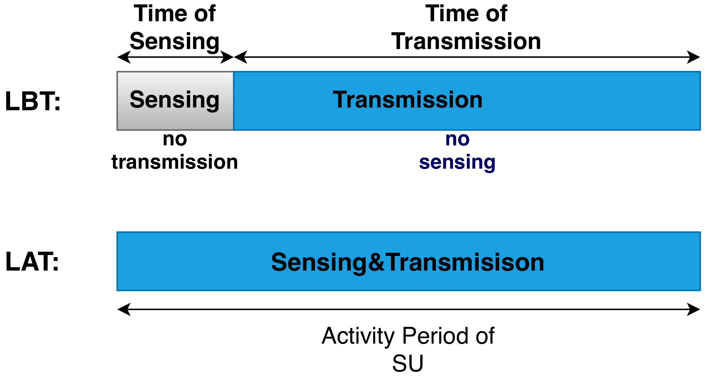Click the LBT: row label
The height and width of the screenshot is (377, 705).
tap(33, 102)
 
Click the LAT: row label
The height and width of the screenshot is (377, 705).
tap(32, 262)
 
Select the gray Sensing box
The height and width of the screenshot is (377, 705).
tap(175, 101)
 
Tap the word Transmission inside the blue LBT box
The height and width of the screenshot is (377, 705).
tap(407, 100)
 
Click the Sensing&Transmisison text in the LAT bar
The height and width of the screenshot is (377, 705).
tap(407, 262)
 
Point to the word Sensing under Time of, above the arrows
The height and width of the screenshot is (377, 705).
tap(175, 41)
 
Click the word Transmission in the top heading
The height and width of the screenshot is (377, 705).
tap(466, 41)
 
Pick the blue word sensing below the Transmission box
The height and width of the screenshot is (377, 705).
tap(457, 162)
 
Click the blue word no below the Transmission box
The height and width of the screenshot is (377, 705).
tap(457, 139)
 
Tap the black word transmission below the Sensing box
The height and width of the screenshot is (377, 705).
tap(175, 162)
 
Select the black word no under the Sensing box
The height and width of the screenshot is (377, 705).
tap(175, 139)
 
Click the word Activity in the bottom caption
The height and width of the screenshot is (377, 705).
tap(358, 336)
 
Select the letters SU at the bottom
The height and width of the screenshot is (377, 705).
tap(407, 363)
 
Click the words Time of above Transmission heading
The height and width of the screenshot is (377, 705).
tap(466, 14)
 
